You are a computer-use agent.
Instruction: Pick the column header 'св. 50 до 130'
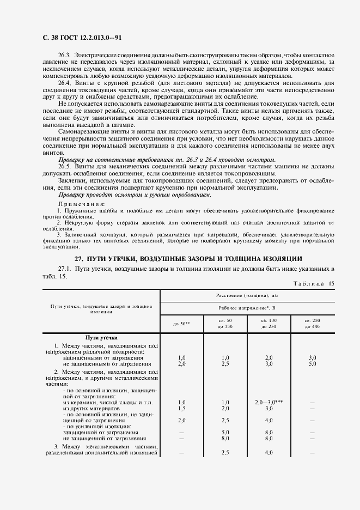coord(225,323)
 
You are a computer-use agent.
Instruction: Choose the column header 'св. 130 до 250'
coord(269,323)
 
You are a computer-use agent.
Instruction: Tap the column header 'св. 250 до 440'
coord(313,323)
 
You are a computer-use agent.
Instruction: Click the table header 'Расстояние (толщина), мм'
coord(247,295)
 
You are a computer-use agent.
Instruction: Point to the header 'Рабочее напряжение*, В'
coord(247,308)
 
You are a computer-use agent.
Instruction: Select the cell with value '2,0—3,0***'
coord(269,402)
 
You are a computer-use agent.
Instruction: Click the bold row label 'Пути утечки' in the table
coord(101,338)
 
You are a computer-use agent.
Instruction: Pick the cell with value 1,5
coord(181,408)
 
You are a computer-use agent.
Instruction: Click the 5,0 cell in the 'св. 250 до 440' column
coord(313,363)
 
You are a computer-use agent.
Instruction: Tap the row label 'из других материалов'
coord(91,408)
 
